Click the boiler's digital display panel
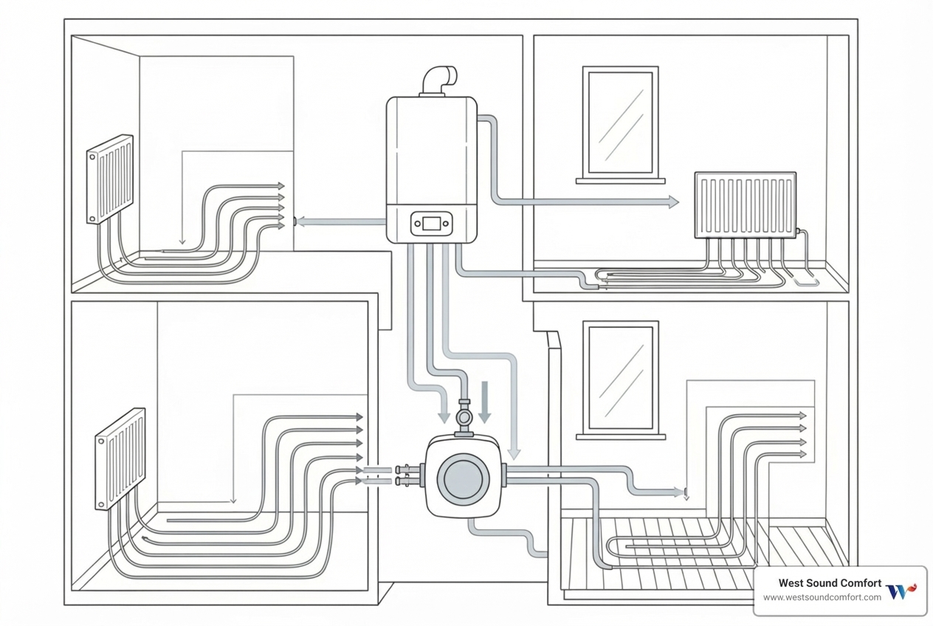(432, 223)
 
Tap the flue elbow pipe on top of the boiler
(441, 80)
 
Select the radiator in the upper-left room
(110, 178)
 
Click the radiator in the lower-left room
(120, 458)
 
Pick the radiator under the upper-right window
(745, 205)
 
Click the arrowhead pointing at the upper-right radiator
(672, 202)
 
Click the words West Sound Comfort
(830, 584)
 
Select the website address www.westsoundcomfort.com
(822, 597)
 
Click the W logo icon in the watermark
(900, 591)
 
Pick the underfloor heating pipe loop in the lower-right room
(664, 546)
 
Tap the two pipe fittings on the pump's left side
(404, 475)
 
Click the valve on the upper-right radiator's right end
(800, 233)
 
